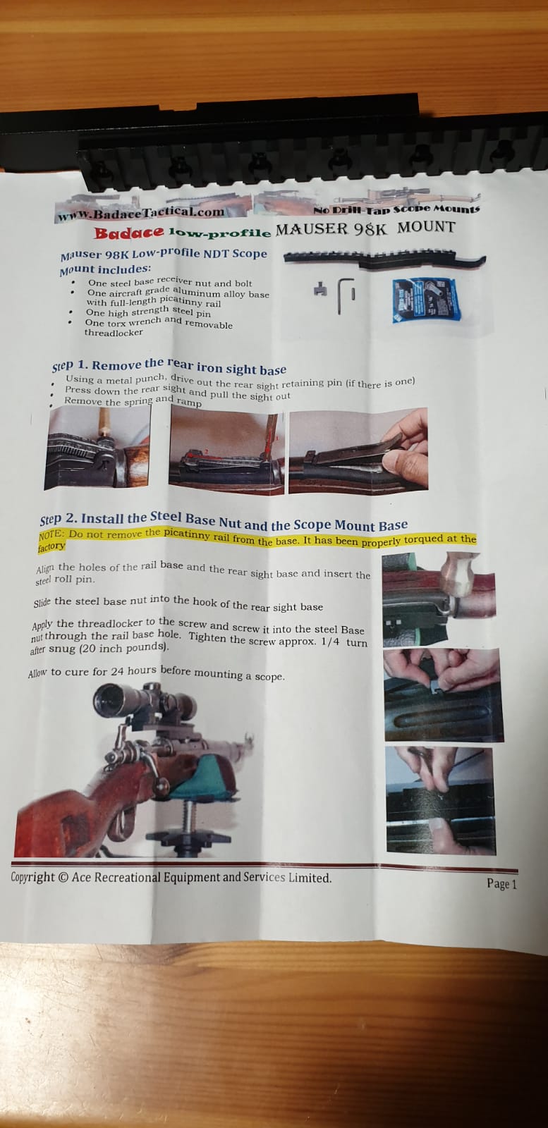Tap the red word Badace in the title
coord(129,233)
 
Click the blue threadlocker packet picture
coord(426,300)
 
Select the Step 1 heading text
coord(169,366)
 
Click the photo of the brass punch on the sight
coord(98,447)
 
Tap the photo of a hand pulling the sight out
coord(358,450)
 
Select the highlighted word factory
coord(51,546)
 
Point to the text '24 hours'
coord(134,670)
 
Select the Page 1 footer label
coord(501,884)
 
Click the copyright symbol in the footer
coord(63,877)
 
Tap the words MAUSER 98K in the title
coord(332,229)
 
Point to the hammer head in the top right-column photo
coord(459,571)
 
